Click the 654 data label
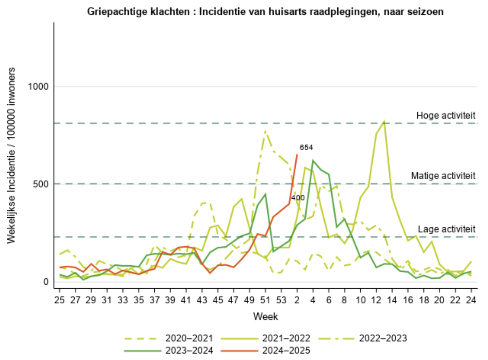pos(306,147)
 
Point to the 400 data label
pos(298,198)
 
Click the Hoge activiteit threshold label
pos(446,115)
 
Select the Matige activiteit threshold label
pos(443,176)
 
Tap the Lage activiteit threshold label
pos(446,229)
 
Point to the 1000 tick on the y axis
pos(38,86)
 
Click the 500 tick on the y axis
pos(41,184)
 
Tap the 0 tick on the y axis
pos(46,281)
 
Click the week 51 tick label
pos(265,300)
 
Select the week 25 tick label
pos(60,300)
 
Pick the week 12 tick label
pos(376,300)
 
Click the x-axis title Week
pos(266,316)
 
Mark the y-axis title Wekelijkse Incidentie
pos(11,155)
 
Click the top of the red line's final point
pos(297,155)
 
